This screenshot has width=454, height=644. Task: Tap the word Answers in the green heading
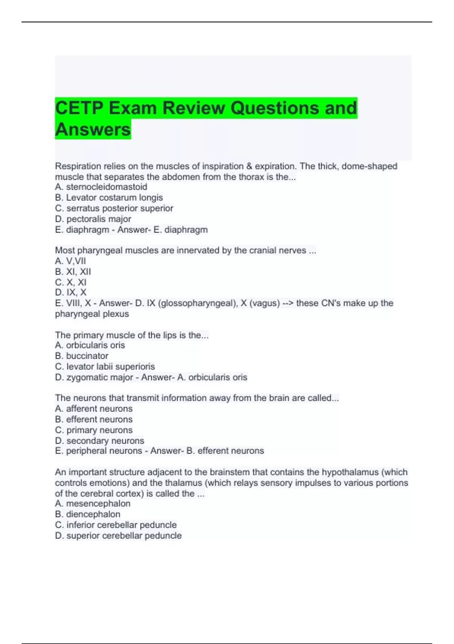[x=93, y=129]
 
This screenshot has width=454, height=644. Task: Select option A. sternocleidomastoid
[x=101, y=187]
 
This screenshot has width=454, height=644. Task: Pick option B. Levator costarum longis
[x=109, y=197]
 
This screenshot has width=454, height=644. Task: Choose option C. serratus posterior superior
[x=114, y=208]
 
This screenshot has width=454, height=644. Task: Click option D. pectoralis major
[x=93, y=219]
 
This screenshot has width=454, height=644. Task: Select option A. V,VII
[x=70, y=261]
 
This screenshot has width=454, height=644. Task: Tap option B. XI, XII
[x=73, y=272]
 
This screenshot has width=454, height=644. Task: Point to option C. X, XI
[x=71, y=282]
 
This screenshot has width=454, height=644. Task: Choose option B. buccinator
[x=82, y=356]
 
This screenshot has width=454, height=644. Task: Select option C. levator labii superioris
[x=105, y=366]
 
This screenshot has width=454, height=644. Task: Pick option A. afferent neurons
[x=94, y=408]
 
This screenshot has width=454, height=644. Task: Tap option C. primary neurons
[x=94, y=430]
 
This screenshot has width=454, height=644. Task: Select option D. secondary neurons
[x=100, y=441]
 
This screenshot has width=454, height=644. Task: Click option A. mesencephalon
[x=93, y=503]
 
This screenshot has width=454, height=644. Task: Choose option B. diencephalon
[x=88, y=514]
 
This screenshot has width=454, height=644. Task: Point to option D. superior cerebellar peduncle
[x=118, y=536]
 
